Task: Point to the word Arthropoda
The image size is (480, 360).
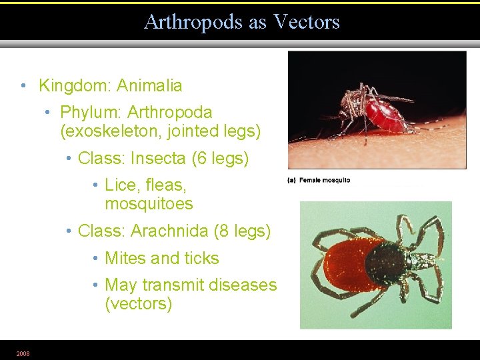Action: pyautogui.click(x=171, y=112)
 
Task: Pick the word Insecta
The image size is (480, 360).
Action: pyautogui.click(x=159, y=159)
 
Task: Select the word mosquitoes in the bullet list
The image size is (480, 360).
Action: pyautogui.click(x=149, y=203)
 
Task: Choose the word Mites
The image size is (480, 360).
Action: pyautogui.click(x=127, y=258)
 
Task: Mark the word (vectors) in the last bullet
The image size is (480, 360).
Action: pyautogui.click(x=138, y=304)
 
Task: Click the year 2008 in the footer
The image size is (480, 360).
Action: pyautogui.click(x=23, y=353)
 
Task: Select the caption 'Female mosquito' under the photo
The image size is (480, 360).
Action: pyautogui.click(x=324, y=180)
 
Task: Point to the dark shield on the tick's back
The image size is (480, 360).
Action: pyautogui.click(x=385, y=263)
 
